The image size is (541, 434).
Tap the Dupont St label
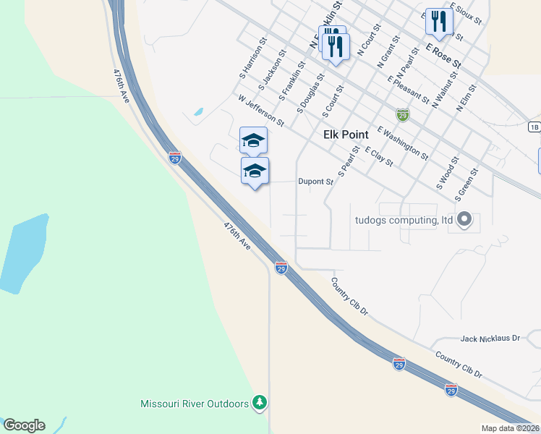(x=315, y=182)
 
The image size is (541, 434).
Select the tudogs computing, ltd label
(x=404, y=220)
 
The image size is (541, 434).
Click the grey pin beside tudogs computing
(x=465, y=218)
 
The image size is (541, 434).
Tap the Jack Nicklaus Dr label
(x=490, y=338)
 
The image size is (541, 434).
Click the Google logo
(x=24, y=425)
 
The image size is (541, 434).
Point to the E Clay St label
(x=379, y=157)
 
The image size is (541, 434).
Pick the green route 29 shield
(x=402, y=114)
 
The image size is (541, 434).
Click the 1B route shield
(x=534, y=127)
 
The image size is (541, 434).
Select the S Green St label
(x=467, y=184)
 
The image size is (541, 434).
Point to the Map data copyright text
(x=511, y=428)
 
